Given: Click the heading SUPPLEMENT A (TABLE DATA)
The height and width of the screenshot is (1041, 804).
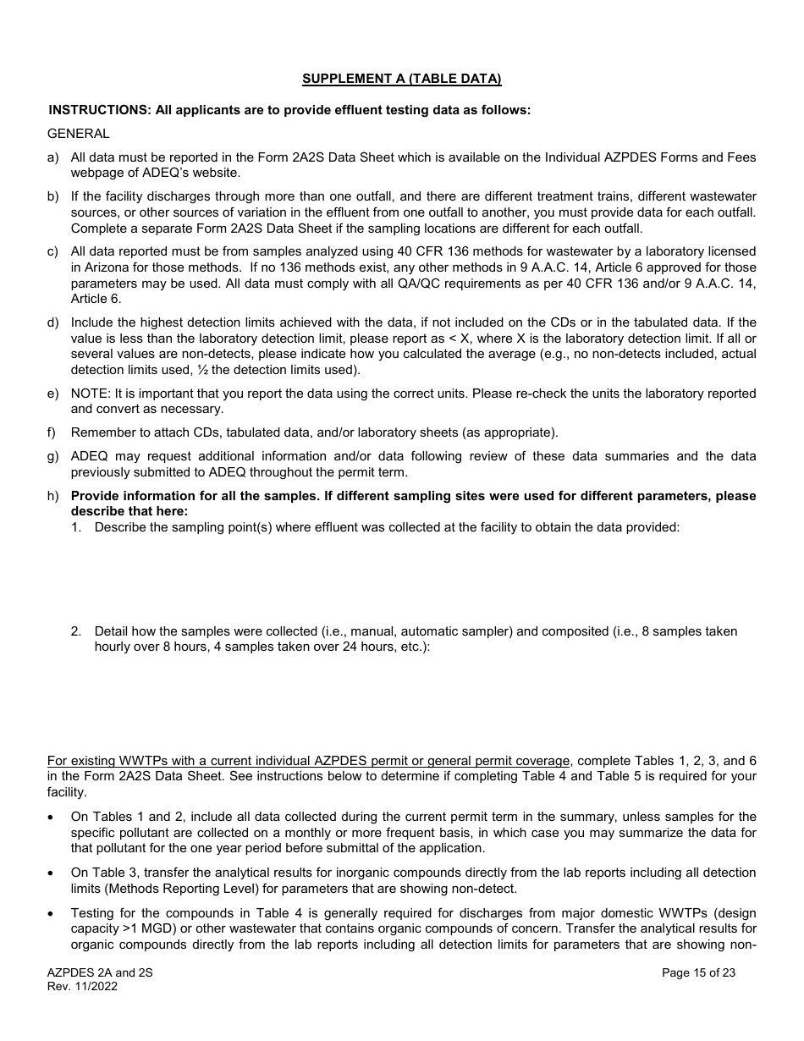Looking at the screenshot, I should click(x=401, y=79).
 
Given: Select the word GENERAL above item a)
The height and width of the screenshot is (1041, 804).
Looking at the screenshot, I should click(x=79, y=134).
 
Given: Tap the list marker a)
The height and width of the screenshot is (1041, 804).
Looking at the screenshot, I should click(x=53, y=157).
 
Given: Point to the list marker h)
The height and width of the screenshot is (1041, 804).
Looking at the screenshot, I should click(x=53, y=496).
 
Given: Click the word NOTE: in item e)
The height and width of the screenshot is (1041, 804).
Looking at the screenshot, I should click(x=91, y=394).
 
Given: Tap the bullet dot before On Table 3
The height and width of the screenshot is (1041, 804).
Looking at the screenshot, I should click(x=52, y=873).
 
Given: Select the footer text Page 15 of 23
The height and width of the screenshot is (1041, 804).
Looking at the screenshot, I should click(x=698, y=972).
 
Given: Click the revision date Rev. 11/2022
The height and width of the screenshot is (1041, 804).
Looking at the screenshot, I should click(x=82, y=986).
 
